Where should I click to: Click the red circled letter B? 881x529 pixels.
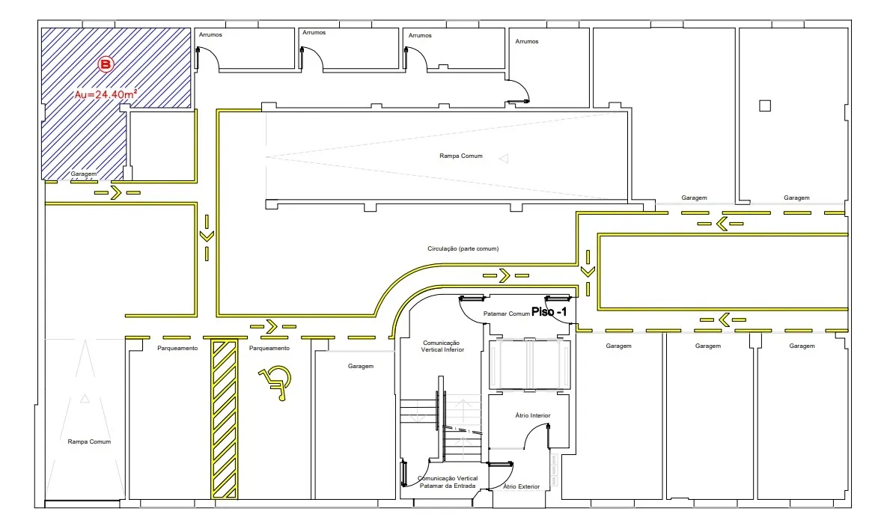pos(106,64)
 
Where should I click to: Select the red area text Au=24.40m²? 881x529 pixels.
pos(106,94)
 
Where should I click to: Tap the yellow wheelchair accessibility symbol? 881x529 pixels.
pos(275,382)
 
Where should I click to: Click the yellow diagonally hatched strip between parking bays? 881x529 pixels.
pos(225,420)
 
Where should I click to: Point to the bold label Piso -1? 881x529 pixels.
pos(549,312)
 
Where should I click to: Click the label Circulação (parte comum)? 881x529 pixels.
pos(463,248)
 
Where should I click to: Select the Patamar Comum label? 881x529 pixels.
pos(506,314)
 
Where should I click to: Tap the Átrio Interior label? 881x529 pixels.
pos(533,415)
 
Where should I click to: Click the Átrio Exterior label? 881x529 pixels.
pos(522,487)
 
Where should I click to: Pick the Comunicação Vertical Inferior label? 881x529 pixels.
pos(443,346)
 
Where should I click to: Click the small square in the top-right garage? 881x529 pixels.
pos(765,106)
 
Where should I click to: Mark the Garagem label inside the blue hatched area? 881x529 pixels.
pos(84,174)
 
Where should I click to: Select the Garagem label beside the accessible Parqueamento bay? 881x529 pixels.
pos(361,366)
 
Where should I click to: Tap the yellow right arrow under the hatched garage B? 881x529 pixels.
pos(117,193)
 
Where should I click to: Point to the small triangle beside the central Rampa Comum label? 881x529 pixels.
pos(504,159)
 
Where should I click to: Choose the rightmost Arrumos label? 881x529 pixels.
pos(527,42)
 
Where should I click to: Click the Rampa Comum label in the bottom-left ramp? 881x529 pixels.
pos(89,442)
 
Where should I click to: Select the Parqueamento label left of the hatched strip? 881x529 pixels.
pos(177,348)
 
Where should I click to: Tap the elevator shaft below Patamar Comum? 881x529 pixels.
pos(530,364)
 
